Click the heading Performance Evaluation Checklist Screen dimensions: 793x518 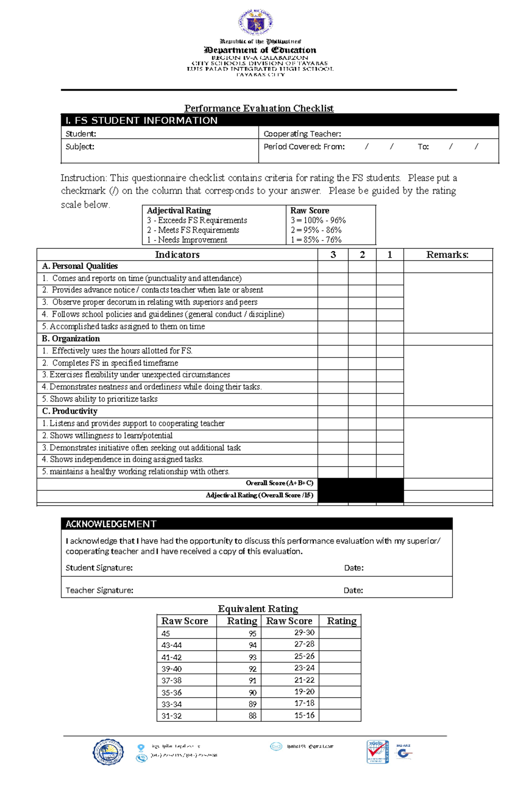point(259,108)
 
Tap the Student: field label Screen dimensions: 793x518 point(81,134)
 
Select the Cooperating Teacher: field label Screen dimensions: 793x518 point(302,134)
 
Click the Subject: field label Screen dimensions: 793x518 point(80,147)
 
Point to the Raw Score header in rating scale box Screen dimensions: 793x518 point(310,211)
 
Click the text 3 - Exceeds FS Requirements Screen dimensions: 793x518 point(197,221)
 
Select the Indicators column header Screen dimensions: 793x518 point(177,255)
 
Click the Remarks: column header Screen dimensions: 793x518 point(447,255)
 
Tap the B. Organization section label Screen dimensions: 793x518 point(71,339)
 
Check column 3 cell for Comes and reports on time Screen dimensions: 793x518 point(333,278)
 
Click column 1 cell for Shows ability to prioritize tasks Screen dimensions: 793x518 point(389,399)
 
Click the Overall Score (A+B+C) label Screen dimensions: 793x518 point(279,483)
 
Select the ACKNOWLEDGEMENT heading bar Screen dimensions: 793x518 point(256,524)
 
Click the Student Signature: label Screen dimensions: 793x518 point(99,568)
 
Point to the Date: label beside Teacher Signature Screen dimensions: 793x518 point(353,591)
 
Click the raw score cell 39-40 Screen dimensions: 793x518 point(171,669)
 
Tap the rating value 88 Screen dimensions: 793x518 point(253,716)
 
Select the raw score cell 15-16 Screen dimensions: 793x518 point(304,715)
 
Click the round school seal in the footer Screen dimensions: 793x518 point(108,752)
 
